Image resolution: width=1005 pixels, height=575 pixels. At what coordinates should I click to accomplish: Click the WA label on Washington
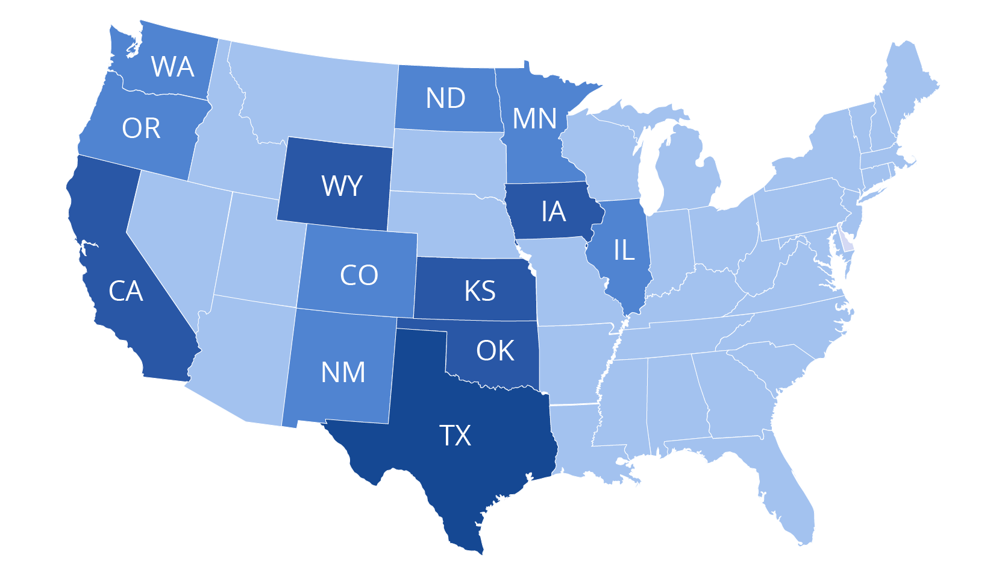173,67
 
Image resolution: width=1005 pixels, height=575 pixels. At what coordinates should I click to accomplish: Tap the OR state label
141,128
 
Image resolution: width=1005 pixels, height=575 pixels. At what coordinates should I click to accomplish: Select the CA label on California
125,291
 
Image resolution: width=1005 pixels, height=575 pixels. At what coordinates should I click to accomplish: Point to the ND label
445,98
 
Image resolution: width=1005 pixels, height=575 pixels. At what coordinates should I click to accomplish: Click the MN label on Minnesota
534,119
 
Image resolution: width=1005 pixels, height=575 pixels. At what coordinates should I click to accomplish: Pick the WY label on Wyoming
342,186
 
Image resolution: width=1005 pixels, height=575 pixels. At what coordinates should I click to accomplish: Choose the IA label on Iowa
553,212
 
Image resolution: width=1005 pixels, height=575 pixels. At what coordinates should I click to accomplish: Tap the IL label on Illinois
624,250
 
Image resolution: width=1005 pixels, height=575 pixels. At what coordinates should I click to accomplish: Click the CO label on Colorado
358,275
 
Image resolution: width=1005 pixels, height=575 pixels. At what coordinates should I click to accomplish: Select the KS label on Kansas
480,291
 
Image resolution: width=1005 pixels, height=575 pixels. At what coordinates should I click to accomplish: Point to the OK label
495,351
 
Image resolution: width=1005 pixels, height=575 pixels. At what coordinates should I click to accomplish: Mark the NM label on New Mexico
343,372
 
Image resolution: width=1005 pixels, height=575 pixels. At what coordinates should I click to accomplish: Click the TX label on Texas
455,435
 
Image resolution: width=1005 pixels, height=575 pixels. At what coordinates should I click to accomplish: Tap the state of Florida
789,494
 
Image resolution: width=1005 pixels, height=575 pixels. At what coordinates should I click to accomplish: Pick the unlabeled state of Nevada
175,235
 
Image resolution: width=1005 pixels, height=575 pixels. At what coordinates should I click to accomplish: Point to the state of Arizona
241,356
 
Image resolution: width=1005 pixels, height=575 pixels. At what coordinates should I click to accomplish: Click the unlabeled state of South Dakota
449,160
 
